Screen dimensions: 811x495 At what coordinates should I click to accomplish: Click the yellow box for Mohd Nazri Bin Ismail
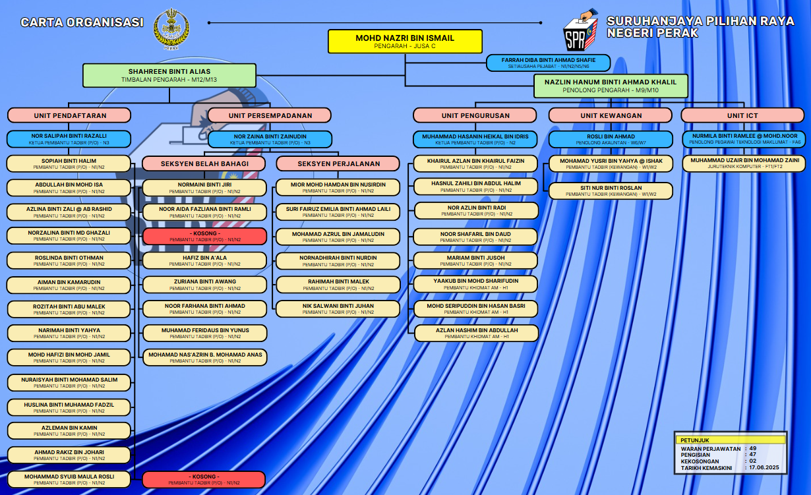coord(405,42)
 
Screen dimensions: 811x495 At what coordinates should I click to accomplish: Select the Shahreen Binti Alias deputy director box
coord(169,75)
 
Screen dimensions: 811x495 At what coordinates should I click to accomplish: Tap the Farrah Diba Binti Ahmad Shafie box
coord(548,63)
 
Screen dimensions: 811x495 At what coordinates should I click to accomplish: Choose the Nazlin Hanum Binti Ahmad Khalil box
coord(611,86)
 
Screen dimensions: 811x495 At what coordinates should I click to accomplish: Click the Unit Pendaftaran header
coord(69,115)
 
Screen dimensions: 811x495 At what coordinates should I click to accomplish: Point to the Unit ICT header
coord(742,115)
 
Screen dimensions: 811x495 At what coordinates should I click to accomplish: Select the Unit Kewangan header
coord(611,115)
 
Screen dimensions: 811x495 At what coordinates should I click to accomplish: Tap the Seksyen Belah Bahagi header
coord(204,163)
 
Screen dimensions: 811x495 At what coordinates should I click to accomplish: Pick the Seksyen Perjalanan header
coord(338,163)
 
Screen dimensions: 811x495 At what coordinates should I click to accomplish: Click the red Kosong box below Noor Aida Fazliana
coord(204,236)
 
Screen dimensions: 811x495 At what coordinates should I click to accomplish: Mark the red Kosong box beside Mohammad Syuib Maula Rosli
coord(204,479)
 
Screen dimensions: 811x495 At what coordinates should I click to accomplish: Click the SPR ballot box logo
coord(580,30)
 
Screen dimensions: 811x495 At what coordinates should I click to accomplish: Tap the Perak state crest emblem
coord(171,29)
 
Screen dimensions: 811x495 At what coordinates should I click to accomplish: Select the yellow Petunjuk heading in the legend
coord(731,440)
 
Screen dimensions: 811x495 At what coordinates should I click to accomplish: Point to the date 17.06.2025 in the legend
coord(764,467)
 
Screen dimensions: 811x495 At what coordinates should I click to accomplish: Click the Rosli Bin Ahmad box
coord(611,139)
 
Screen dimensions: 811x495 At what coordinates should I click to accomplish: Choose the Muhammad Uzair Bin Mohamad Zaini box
coord(744,163)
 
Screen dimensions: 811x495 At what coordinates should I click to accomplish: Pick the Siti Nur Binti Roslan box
coord(611,190)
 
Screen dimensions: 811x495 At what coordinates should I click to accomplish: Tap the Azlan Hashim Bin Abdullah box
coord(476,333)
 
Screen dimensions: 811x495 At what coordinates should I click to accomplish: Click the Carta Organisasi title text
coord(82,22)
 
